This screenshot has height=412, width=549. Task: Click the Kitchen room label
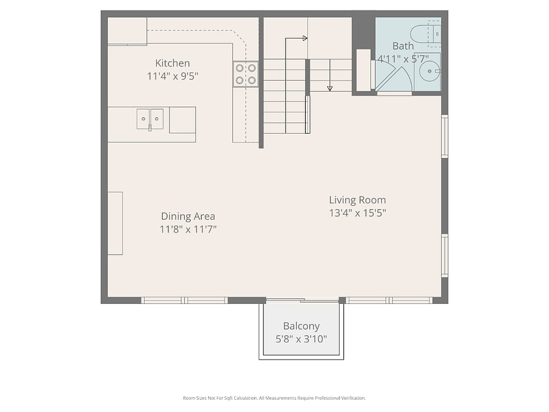(x=172, y=63)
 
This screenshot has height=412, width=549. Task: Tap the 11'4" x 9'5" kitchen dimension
(x=173, y=76)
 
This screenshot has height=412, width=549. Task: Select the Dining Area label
(x=188, y=216)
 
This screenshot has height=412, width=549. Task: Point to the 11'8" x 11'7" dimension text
(x=188, y=229)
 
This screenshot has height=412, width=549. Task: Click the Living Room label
(x=357, y=200)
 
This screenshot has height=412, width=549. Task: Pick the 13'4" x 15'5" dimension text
(x=357, y=213)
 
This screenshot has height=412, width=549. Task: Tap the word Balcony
(x=301, y=327)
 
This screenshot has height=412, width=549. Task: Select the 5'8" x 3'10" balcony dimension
(x=301, y=339)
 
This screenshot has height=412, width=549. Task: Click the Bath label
(x=403, y=46)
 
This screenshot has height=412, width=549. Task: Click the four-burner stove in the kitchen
(x=246, y=74)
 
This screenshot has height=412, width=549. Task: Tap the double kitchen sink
(x=150, y=119)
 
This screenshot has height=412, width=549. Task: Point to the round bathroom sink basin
(x=430, y=71)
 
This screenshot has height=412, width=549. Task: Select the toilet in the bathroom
(x=425, y=34)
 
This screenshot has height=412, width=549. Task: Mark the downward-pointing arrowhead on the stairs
(x=329, y=89)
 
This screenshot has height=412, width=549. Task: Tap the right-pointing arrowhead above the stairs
(x=305, y=38)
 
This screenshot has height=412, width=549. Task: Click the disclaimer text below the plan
(x=274, y=398)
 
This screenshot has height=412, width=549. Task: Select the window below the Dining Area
(x=184, y=300)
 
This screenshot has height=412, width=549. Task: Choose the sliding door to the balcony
(x=303, y=300)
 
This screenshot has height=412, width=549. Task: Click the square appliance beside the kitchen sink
(x=182, y=120)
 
